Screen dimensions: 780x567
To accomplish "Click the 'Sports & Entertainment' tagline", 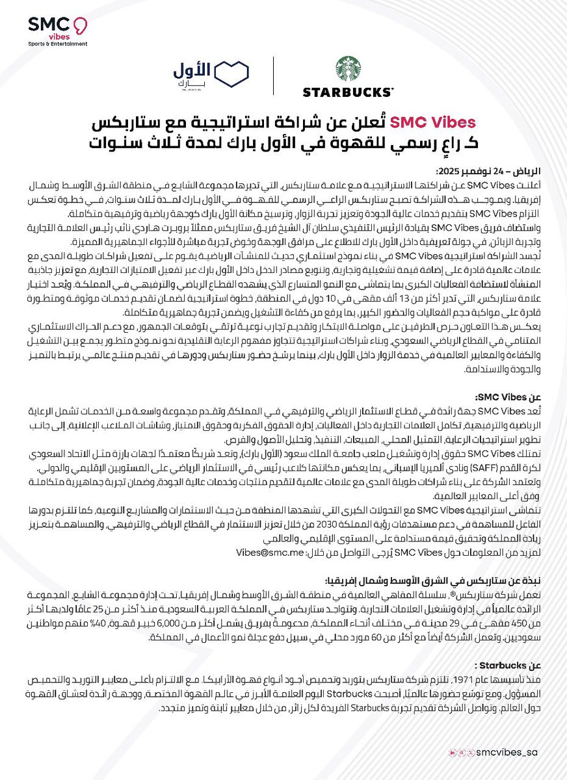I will [58, 44].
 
